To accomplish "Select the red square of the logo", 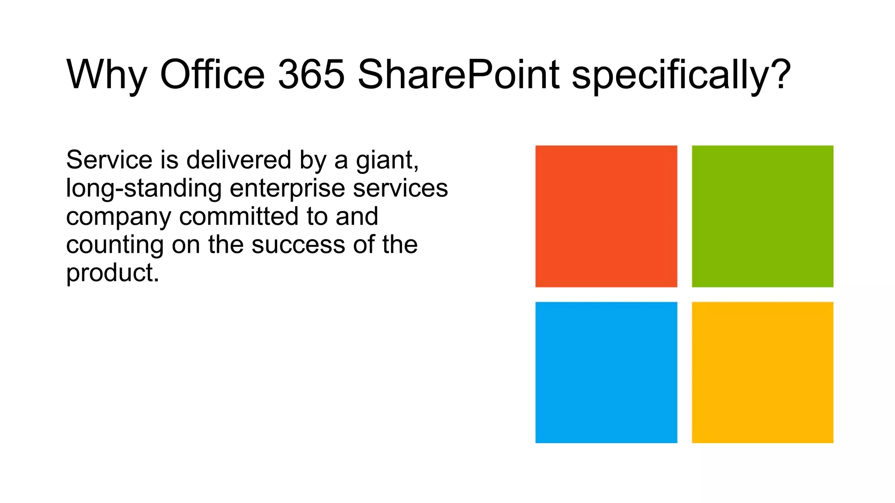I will point(606,216).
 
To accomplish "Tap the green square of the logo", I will point(762,216).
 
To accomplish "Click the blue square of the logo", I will point(606,372).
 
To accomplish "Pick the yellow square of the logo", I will point(762,372).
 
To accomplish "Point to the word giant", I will point(386,161).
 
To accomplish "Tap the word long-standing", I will point(144,189).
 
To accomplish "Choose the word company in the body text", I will point(118,217).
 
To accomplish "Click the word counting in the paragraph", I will point(114,245).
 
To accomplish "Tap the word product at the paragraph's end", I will point(111,274).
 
